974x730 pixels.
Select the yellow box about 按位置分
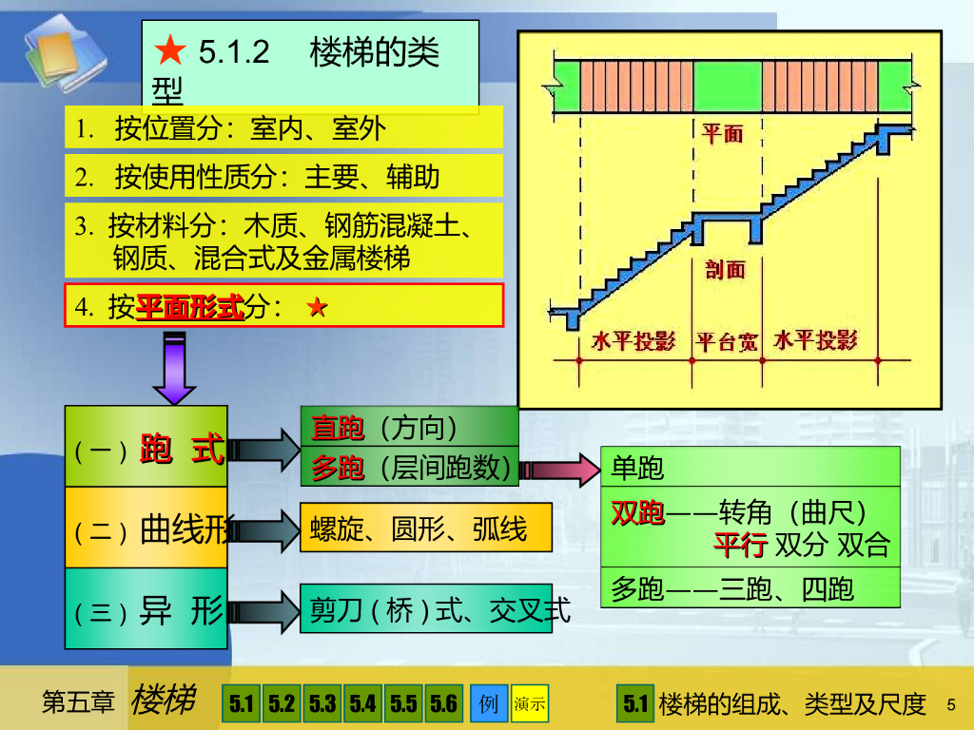pos(283,128)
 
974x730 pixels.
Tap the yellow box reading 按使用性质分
pos(283,176)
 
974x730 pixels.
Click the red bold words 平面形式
pos(190,307)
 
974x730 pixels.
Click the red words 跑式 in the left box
pos(182,450)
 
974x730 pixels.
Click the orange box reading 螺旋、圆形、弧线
pos(425,528)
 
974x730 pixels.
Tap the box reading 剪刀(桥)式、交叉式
pos(425,609)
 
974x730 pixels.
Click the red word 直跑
pos(338,430)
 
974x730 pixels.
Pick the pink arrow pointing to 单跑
pos(557,470)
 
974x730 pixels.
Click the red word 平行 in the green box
pos(740,546)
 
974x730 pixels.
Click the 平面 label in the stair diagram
pos(723,134)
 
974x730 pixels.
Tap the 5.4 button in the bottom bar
pos(362,704)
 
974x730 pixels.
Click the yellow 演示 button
pos(530,704)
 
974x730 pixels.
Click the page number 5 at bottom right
pos(950,703)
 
